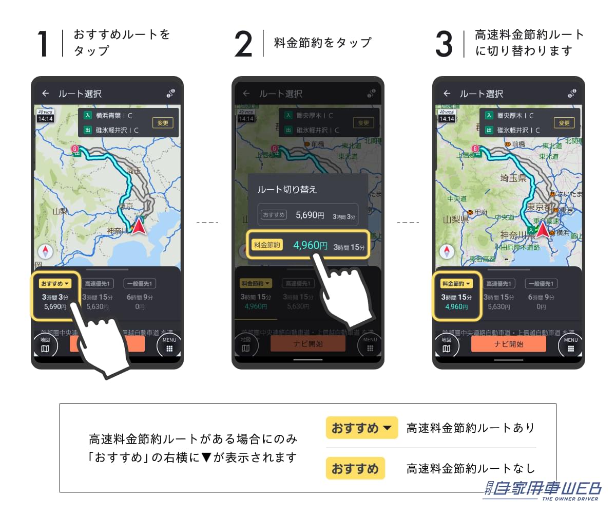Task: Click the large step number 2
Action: tap(243, 44)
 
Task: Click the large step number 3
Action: tap(444, 44)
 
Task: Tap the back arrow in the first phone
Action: tap(46, 94)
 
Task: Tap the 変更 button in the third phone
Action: tap(564, 123)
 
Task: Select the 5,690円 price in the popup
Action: tap(310, 215)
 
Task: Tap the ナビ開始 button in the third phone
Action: tap(508, 344)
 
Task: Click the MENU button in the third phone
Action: tap(570, 345)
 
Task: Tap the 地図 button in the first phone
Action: tap(45, 345)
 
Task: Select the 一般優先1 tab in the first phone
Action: tap(140, 284)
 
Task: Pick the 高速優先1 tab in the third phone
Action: tap(499, 284)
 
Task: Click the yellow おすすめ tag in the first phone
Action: tap(55, 284)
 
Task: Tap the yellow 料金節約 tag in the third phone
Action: tap(456, 284)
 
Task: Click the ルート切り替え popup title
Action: tap(287, 189)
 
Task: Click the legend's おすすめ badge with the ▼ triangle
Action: tap(362, 428)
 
